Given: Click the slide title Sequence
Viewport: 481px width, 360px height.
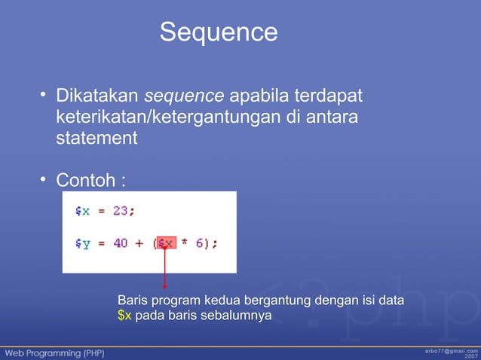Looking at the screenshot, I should [219, 32].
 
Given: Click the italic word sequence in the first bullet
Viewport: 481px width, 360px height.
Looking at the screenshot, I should [184, 97].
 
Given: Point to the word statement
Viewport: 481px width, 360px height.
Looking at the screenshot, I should [97, 139].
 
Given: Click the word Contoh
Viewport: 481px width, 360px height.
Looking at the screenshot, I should [84, 182].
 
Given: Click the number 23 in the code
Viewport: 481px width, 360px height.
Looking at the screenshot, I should [121, 212].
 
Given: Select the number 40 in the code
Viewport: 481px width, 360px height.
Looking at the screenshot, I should [121, 243].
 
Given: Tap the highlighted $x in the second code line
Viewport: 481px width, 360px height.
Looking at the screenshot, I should [166, 243].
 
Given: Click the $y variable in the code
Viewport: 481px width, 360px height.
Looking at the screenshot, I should [82, 244].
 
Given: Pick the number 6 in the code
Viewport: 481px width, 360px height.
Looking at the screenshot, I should [202, 243].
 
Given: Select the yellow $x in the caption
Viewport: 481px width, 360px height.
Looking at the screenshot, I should [124, 315].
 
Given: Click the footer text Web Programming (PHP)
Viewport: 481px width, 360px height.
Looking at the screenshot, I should [56, 352].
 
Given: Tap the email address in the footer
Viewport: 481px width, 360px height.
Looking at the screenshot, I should [450, 350].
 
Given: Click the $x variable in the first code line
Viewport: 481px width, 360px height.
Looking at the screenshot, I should [82, 212].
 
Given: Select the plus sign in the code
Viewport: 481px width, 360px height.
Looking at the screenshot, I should [139, 243].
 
